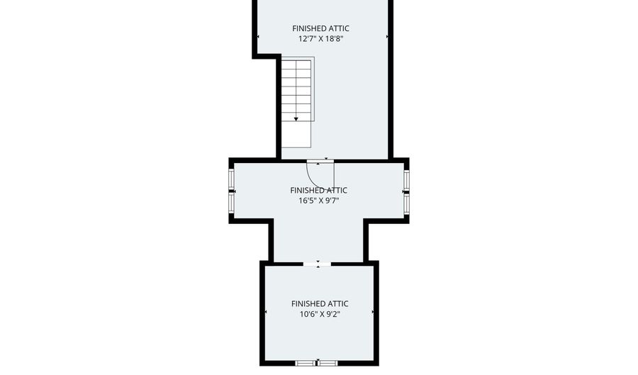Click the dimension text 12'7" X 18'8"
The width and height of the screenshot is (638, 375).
(x=320, y=39)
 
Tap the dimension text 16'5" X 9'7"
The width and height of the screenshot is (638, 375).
(x=318, y=201)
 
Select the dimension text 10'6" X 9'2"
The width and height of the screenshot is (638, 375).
(x=320, y=314)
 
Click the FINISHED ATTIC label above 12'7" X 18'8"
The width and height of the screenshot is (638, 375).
(x=320, y=28)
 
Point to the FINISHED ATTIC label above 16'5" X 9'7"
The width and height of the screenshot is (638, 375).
(x=318, y=190)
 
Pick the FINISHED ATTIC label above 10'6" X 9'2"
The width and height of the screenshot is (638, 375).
(x=320, y=303)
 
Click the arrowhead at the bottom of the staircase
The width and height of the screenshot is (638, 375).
(x=296, y=119)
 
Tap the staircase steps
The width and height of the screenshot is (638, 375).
(x=296, y=90)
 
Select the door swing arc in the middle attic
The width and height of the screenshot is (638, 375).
(x=313, y=179)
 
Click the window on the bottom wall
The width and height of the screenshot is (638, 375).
(x=317, y=363)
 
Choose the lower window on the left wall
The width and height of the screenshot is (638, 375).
(x=231, y=203)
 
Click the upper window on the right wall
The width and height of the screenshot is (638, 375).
(x=406, y=179)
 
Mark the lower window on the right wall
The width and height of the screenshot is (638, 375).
(x=406, y=203)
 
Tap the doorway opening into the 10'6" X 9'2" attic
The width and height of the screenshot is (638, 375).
(x=318, y=264)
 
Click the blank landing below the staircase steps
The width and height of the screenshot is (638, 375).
(x=296, y=134)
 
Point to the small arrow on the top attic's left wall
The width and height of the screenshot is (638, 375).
(x=258, y=37)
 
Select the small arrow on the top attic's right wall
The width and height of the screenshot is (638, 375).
(x=387, y=37)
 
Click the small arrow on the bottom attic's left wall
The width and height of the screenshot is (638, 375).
(x=266, y=312)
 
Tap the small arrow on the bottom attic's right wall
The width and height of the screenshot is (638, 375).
(x=373, y=312)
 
